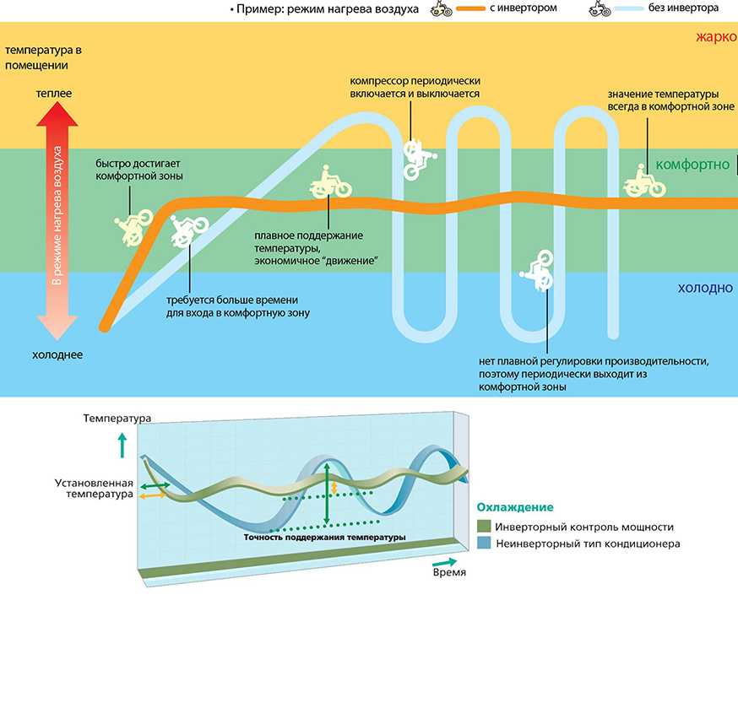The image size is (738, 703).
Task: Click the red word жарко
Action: (716, 36)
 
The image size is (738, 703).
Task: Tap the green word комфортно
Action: (692, 165)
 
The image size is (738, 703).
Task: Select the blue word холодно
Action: (705, 288)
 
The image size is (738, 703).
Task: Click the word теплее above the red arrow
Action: (54, 93)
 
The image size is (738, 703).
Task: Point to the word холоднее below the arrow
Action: (57, 354)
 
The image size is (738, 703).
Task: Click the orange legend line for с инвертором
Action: (470, 8)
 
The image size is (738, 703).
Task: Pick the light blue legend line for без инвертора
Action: (629, 8)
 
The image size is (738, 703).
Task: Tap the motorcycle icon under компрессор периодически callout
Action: (419, 160)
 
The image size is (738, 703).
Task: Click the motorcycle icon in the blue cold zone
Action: (537, 270)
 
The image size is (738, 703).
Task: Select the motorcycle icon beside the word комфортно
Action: (644, 181)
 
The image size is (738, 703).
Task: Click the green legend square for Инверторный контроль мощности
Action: (484, 526)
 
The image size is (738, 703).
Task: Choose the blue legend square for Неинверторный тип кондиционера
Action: (484, 543)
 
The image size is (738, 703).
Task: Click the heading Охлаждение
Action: (515, 507)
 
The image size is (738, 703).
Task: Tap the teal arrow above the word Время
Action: (444, 562)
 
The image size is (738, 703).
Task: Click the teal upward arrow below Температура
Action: (122, 446)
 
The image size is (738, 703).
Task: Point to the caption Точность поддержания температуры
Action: (325, 537)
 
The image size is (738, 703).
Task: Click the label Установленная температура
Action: (94, 489)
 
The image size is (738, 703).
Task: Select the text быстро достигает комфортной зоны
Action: (139, 170)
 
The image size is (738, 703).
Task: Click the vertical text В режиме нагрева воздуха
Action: (57, 215)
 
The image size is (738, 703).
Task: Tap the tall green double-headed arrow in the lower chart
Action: (327, 494)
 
